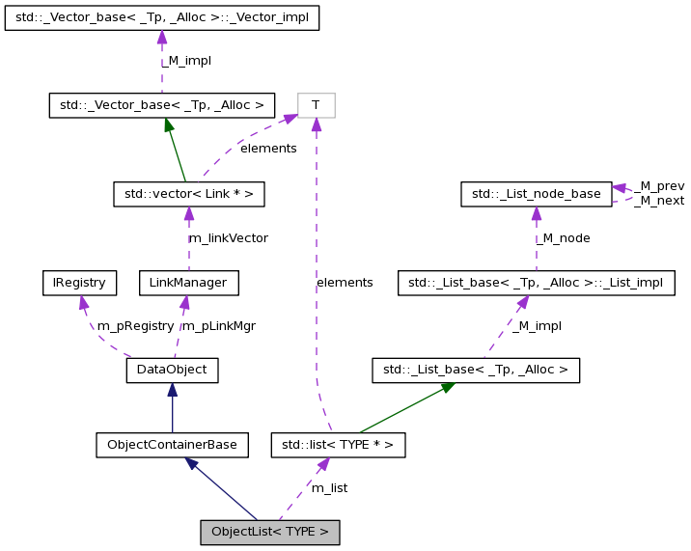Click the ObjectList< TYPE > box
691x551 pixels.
[270, 532]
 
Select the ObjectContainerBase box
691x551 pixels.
[173, 445]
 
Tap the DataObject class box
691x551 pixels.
[173, 370]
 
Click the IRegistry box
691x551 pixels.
[79, 283]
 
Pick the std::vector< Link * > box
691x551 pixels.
[188, 194]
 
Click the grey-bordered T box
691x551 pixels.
[316, 105]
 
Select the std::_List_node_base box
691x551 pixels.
[536, 194]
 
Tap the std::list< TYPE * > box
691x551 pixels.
[338, 445]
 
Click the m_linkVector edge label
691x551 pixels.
[228, 237]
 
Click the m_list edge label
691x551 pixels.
[329, 488]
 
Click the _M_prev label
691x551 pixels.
[661, 185]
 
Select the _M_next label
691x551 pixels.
[661, 201]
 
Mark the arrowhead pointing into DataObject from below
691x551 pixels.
[172, 390]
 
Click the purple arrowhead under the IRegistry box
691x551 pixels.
[83, 304]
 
